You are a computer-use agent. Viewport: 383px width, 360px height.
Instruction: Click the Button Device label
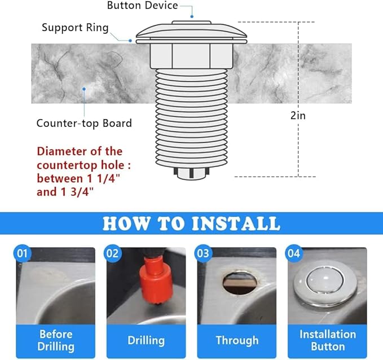tap(143, 6)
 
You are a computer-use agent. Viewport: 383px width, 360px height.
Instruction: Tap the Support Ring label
tap(75, 28)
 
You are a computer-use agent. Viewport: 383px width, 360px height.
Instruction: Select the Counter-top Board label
tap(84, 123)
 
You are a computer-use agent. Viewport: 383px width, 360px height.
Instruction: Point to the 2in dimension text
tap(298, 115)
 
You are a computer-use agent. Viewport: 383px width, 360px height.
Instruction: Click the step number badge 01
tap(23, 253)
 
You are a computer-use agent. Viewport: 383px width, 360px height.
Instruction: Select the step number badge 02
tap(113, 253)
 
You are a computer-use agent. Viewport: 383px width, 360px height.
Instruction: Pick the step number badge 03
tap(203, 253)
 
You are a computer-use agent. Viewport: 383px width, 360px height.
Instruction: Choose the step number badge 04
tap(293, 253)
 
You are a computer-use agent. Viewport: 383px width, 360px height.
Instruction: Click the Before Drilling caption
tap(56, 340)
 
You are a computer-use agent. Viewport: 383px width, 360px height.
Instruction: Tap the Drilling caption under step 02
tap(146, 340)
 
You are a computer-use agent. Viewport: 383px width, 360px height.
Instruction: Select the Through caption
tap(237, 340)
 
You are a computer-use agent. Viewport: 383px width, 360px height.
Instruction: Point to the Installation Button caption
tap(327, 340)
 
